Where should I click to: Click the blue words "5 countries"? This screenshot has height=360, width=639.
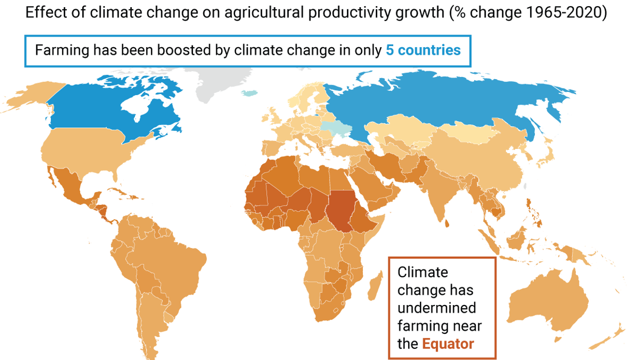point(423,51)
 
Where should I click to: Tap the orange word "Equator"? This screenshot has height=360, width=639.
point(448,344)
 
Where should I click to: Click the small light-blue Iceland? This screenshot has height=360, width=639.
point(249,93)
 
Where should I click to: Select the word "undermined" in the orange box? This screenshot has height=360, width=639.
point(437,308)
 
